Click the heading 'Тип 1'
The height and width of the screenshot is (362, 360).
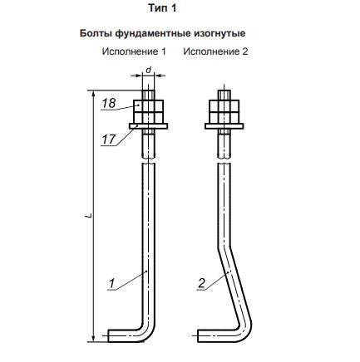point(162,8)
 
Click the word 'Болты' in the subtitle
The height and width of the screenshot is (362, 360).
point(96,33)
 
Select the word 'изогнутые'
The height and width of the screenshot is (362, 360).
point(219,34)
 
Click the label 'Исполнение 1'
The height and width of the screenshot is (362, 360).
point(134,51)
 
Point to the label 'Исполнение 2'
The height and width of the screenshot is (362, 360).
point(215,51)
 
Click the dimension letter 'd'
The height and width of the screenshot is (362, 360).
point(149,70)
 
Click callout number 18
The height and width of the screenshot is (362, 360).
point(108,103)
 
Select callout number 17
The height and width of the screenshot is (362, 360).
point(108,139)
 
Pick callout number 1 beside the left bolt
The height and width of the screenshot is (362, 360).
point(111,284)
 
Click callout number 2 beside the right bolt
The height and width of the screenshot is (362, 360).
point(201,283)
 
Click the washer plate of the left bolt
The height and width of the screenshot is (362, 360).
point(148,126)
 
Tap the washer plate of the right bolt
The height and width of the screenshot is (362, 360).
point(224,126)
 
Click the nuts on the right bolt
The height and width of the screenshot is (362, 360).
point(224,111)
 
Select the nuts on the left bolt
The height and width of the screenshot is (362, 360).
point(149,111)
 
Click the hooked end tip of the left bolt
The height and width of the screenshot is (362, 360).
point(108,335)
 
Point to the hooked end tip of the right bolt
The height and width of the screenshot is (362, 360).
point(199,335)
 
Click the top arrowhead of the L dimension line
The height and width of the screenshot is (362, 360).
point(95,94)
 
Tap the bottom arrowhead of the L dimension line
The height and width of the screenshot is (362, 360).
point(95,338)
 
